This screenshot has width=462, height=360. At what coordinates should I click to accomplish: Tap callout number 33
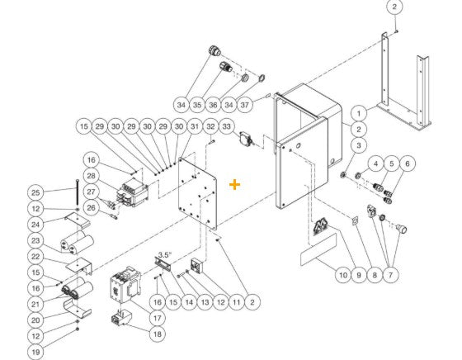click(x=227, y=126)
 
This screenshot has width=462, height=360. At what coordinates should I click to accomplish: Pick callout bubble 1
click(x=359, y=112)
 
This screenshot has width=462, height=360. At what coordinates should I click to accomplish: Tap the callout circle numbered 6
click(x=405, y=163)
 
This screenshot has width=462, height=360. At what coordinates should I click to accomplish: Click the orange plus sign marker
click(x=235, y=184)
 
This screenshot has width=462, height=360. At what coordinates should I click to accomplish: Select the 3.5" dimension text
click(x=163, y=255)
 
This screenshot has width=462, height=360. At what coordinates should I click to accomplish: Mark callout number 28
click(x=91, y=178)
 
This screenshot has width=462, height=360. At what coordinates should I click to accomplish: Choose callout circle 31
click(x=194, y=126)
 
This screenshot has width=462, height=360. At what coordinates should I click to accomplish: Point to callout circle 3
click(x=359, y=145)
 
